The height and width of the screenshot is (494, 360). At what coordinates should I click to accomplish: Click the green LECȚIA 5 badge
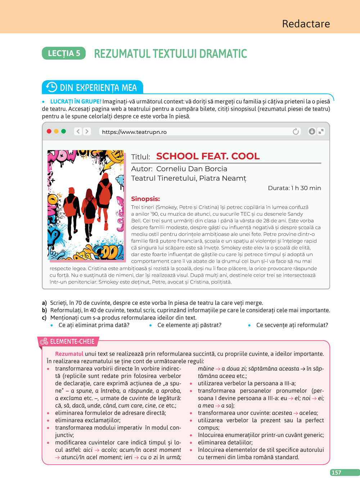pyautogui.click(x=64, y=53)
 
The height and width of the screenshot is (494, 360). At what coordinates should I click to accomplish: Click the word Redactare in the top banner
pyautogui.click(x=306, y=24)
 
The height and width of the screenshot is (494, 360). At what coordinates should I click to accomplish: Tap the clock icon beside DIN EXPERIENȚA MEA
pyautogui.click(x=51, y=87)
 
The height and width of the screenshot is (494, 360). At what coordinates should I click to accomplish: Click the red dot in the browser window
pyautogui.click(x=49, y=131)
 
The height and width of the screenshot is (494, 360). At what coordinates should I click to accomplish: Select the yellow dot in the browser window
pyautogui.click(x=56, y=131)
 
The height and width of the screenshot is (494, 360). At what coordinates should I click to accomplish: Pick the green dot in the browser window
pyautogui.click(x=63, y=131)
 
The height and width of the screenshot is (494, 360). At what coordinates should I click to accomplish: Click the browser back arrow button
pyautogui.click(x=78, y=131)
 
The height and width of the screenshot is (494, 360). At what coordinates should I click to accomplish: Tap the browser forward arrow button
pyautogui.click(x=86, y=131)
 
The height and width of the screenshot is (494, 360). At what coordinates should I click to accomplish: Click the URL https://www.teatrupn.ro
pyautogui.click(x=134, y=132)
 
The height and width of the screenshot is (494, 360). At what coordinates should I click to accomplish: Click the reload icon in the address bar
pyautogui.click(x=296, y=132)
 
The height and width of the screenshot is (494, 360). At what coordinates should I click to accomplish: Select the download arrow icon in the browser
pyautogui.click(x=312, y=131)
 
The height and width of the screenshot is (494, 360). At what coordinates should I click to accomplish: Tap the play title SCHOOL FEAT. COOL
pyautogui.click(x=208, y=156)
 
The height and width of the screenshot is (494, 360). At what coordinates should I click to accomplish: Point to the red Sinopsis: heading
pyautogui.click(x=145, y=199)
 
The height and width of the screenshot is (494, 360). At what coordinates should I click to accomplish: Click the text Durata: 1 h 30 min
pyautogui.click(x=294, y=188)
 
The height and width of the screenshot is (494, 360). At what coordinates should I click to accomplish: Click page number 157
pyautogui.click(x=336, y=472)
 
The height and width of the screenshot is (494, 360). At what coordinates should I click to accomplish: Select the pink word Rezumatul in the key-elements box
pyautogui.click(x=69, y=354)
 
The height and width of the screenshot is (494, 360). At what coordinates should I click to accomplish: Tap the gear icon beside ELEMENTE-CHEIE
pyautogui.click(x=44, y=341)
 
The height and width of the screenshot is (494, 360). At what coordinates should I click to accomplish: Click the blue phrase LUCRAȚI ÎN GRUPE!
pyautogui.click(x=76, y=101)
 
